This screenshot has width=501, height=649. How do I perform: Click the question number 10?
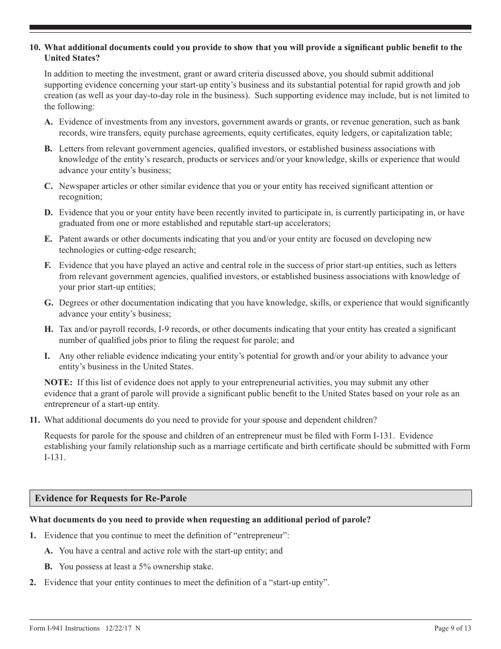[34, 47]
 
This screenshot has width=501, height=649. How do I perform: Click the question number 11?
[34, 420]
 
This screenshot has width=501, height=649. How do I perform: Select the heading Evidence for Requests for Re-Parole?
[111, 498]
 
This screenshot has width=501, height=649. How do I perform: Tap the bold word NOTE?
[59, 382]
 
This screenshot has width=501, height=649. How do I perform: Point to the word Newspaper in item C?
[78, 186]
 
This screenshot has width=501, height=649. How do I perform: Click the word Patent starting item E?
[70, 239]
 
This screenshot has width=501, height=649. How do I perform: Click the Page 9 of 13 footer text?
[452, 628]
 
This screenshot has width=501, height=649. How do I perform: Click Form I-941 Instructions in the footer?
[64, 628]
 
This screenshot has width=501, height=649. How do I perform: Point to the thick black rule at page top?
[250, 27]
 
